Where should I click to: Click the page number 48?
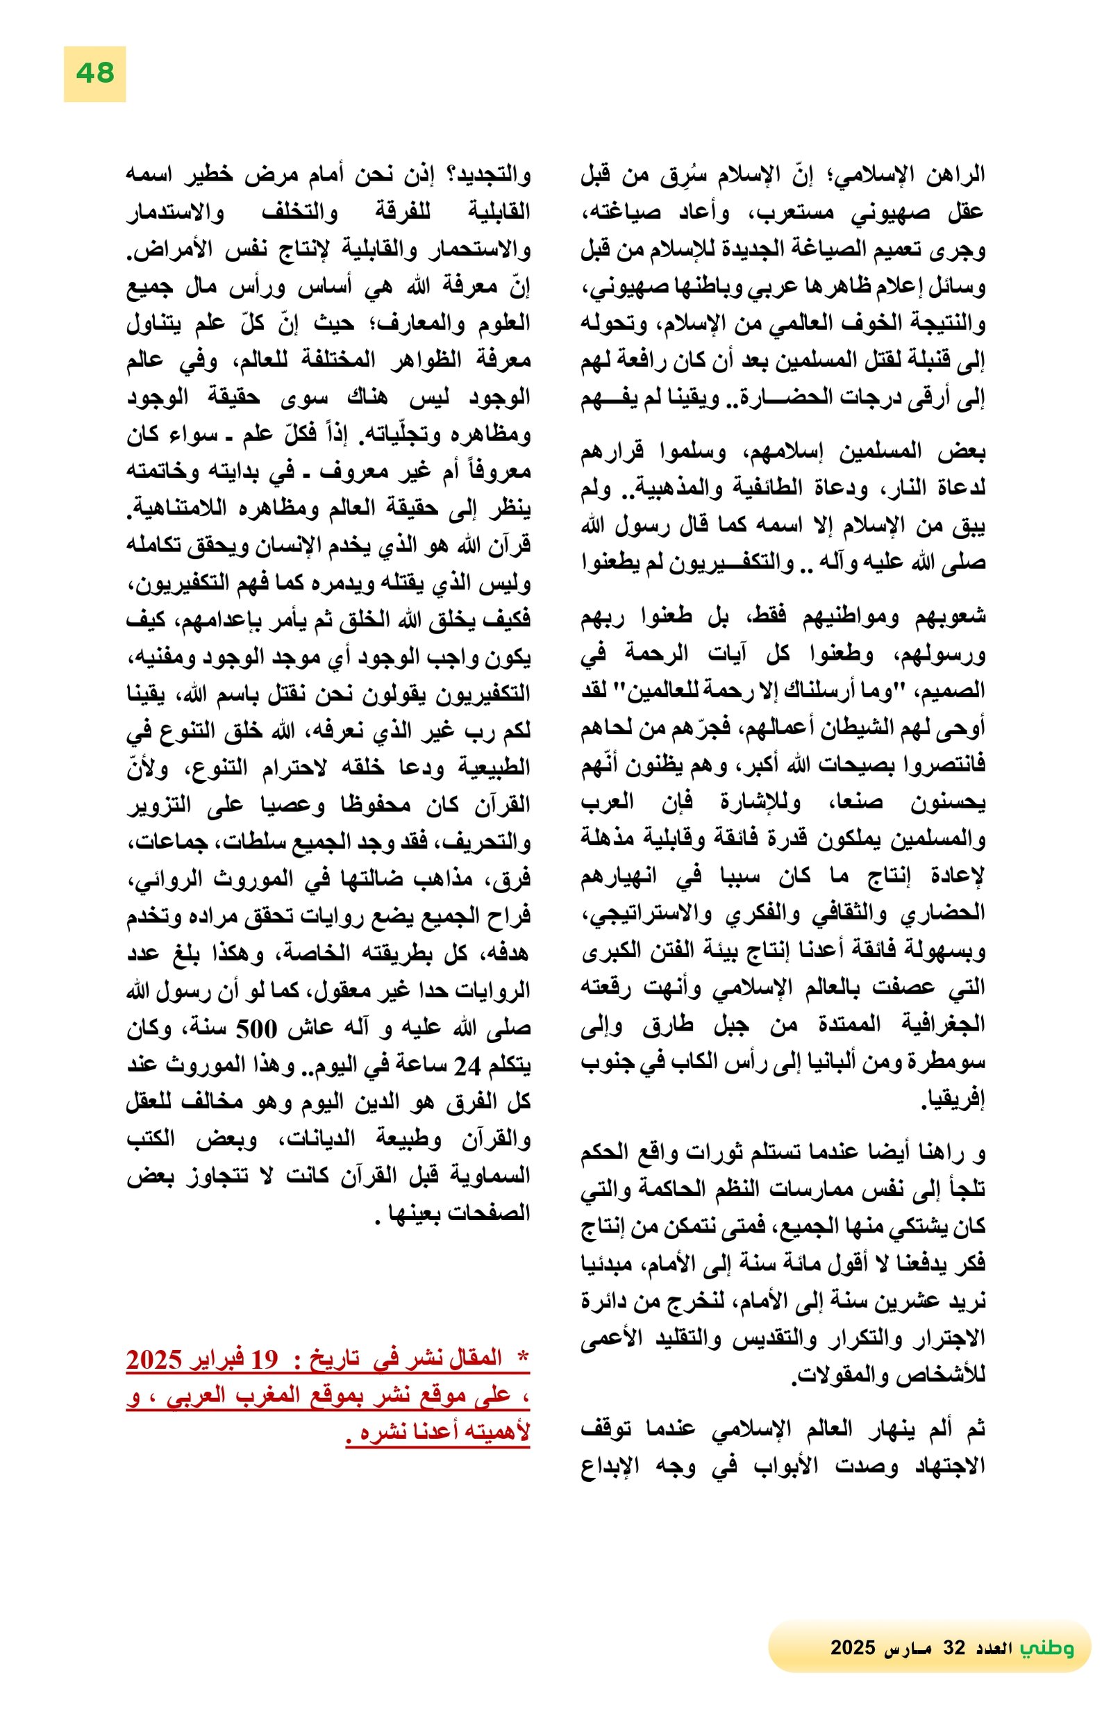coord(94,74)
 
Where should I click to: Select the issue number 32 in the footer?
coord(953,1648)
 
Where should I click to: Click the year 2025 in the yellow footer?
coord(852,1648)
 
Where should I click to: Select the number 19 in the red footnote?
coord(264,1359)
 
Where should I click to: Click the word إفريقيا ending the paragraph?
coord(953,1101)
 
